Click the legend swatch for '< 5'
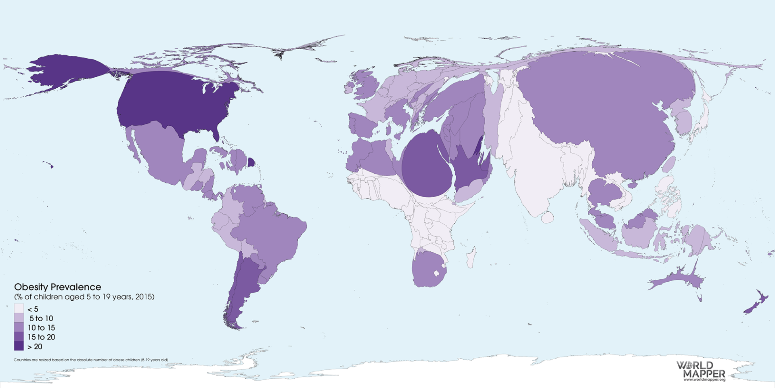coord(19,309)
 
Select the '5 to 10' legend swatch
coord(19,318)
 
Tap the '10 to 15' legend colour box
coord(19,327)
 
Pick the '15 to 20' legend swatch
coord(19,337)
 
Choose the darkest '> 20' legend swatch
coord(19,346)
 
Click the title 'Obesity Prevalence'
coord(58,287)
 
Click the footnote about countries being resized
coord(91,360)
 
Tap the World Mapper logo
coord(701,369)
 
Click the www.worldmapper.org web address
coord(704,380)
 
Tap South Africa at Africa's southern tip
coord(428,269)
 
